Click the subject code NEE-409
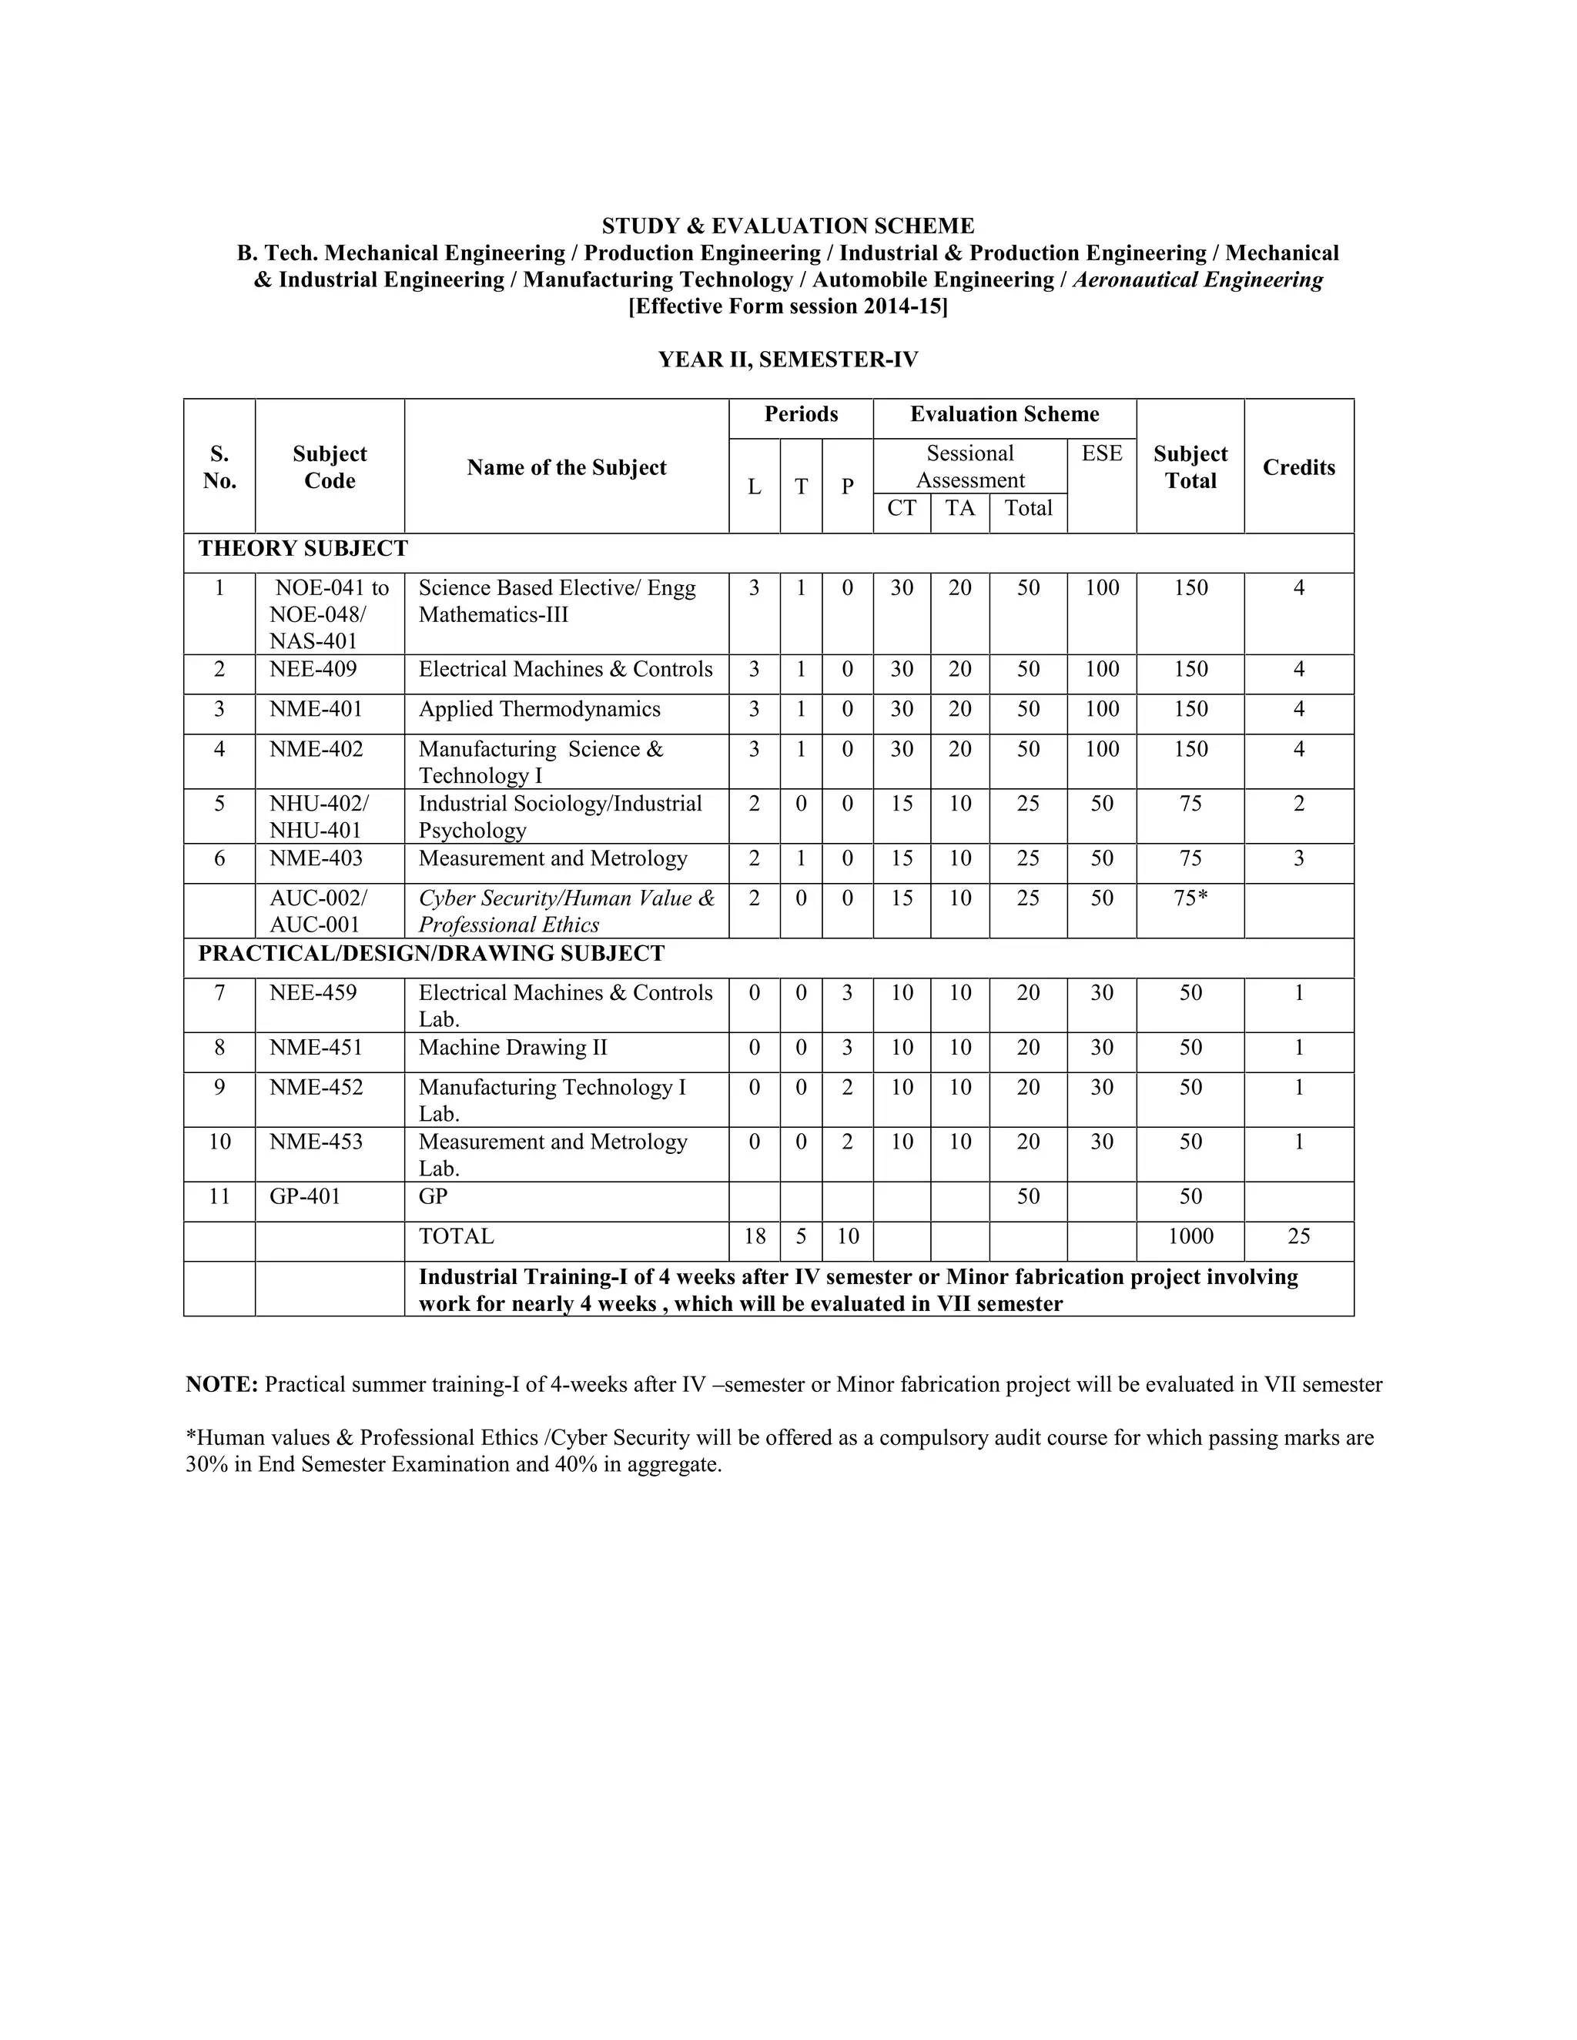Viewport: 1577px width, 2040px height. point(312,669)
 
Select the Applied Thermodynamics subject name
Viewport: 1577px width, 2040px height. point(539,709)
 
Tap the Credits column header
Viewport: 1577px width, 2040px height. point(1297,467)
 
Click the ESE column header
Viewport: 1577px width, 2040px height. point(1101,454)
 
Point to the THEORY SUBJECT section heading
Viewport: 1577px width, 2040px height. point(303,548)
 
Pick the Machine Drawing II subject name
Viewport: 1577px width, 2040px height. point(512,1047)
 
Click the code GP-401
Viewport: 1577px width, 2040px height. point(305,1196)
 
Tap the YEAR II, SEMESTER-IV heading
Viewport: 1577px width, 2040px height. point(788,360)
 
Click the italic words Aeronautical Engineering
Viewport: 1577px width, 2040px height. point(1197,279)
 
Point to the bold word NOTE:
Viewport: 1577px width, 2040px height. point(222,1384)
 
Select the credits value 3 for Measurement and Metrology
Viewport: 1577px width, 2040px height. point(1297,858)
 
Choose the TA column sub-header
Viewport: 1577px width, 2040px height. point(959,508)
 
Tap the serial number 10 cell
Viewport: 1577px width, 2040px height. point(219,1142)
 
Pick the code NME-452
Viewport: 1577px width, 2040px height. point(316,1087)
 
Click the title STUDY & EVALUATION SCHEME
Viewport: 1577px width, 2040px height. point(788,226)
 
